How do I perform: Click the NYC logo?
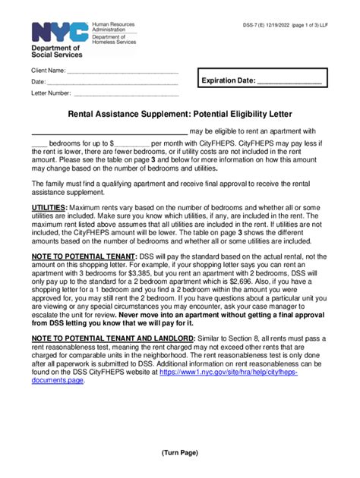pos(56,32)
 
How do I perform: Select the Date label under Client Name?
pos(38,82)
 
